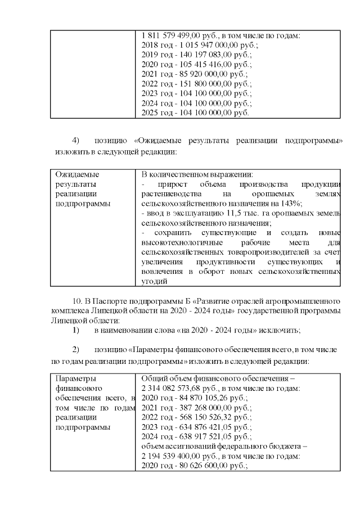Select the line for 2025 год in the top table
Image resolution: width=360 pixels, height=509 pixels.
(195, 112)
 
